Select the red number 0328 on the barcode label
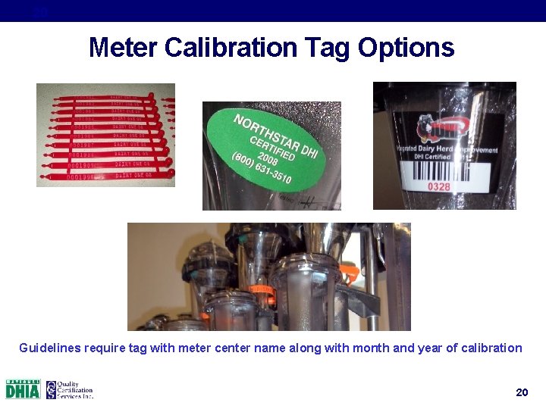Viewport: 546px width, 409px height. [439, 186]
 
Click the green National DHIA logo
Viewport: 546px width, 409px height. [23, 389]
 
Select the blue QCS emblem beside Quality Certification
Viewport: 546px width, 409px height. [51, 389]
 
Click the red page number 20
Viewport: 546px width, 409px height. [521, 392]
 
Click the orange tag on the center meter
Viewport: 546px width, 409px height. [262, 289]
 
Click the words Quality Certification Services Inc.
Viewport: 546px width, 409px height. [74, 389]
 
